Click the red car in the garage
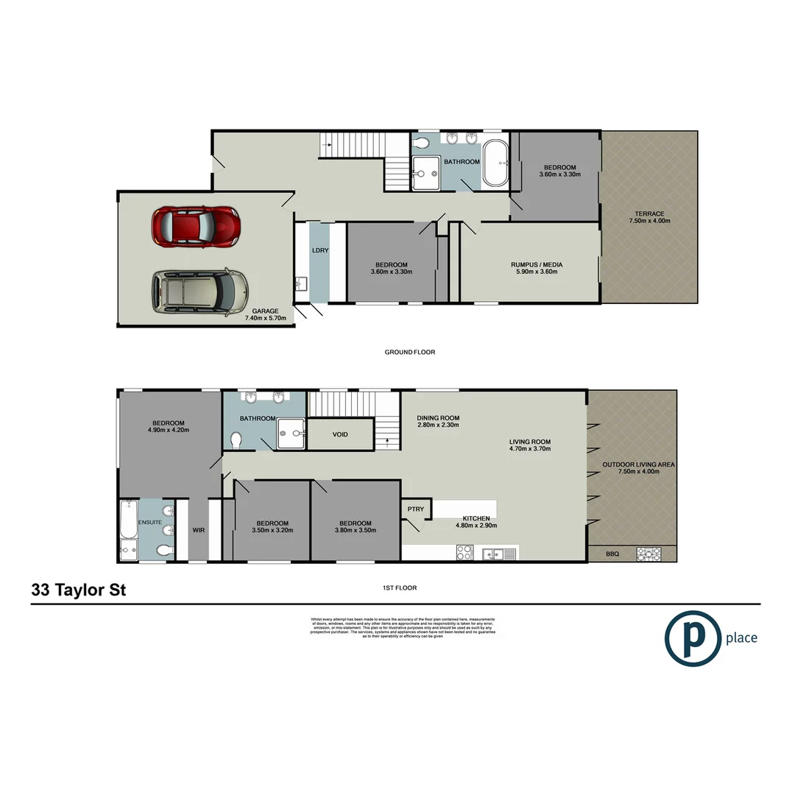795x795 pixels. [x=196, y=226]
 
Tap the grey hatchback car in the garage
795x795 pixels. [x=199, y=291]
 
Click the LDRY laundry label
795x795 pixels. [x=319, y=250]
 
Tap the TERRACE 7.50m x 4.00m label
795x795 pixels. [x=649, y=217]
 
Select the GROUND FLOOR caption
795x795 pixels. [x=410, y=352]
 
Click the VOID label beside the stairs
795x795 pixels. [x=340, y=434]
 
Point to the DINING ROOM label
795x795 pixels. [x=438, y=420]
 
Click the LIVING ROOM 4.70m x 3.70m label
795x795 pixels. [x=530, y=446]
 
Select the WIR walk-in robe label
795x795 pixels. [x=198, y=529]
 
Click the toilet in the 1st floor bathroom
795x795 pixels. [x=236, y=440]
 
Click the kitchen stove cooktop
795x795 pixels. [x=464, y=552]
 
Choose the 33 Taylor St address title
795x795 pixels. [x=79, y=590]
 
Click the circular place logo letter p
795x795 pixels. [x=693, y=637]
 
